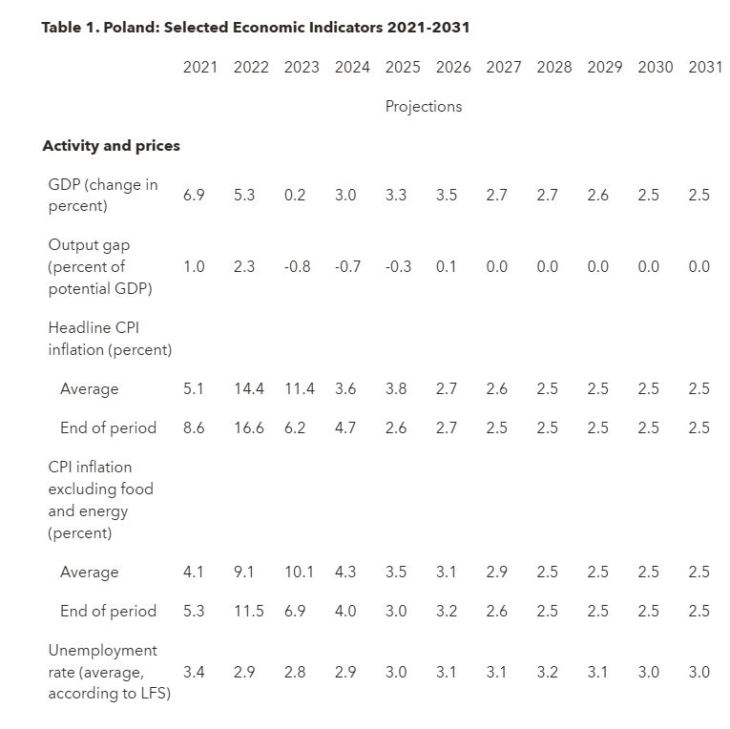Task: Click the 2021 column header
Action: tap(200, 67)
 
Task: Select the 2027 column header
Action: tap(503, 67)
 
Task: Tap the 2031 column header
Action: tap(705, 67)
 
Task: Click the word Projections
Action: tap(424, 107)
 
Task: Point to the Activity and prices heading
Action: tap(112, 146)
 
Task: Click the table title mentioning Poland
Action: tap(256, 27)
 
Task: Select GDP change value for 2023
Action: tap(295, 195)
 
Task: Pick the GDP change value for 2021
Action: tap(194, 195)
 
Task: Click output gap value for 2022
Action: tap(244, 266)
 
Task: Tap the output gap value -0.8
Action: tap(297, 266)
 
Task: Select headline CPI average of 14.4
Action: tap(249, 388)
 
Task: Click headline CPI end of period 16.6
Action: tap(249, 427)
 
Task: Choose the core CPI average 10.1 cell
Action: tap(299, 572)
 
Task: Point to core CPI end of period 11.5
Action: tap(249, 611)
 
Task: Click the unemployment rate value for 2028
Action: tap(547, 672)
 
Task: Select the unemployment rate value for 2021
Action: tap(194, 672)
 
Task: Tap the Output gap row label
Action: tap(100, 267)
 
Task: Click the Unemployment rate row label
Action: tap(110, 672)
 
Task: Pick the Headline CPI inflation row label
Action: tap(110, 339)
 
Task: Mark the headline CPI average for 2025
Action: tap(396, 388)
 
